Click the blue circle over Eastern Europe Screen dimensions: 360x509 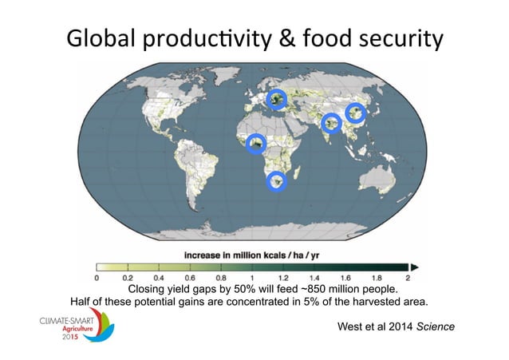tap(276, 99)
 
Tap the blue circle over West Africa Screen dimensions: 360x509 tap(256, 144)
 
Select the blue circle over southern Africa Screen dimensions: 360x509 tap(276, 182)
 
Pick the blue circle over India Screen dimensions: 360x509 tap(331, 123)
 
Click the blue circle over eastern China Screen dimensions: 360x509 tap(356, 113)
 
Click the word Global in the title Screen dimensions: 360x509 tap(104, 39)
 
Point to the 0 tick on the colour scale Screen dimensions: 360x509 tap(97, 279)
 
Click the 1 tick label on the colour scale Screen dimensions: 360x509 tap(252, 279)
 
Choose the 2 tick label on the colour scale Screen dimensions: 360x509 tap(408, 279)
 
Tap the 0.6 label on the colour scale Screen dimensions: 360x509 tap(190, 279)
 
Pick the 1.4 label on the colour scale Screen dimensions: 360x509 tap(314, 279)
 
